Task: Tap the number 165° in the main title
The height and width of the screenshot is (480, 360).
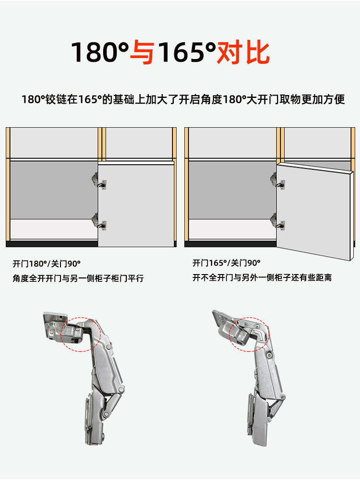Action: point(187,52)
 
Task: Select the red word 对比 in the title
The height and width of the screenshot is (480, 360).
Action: point(243,53)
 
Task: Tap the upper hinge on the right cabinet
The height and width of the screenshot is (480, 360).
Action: point(277,181)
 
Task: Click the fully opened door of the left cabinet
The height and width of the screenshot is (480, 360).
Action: point(136,204)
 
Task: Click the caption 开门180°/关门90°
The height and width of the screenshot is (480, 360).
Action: point(47,264)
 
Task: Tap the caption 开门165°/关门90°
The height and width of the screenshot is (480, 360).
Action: point(227,263)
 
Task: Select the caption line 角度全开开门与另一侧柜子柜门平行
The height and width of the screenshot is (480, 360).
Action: point(78,278)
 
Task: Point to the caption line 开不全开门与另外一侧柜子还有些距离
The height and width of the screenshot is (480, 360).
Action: point(262,277)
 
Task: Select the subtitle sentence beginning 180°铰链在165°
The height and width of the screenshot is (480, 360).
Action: point(183,99)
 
